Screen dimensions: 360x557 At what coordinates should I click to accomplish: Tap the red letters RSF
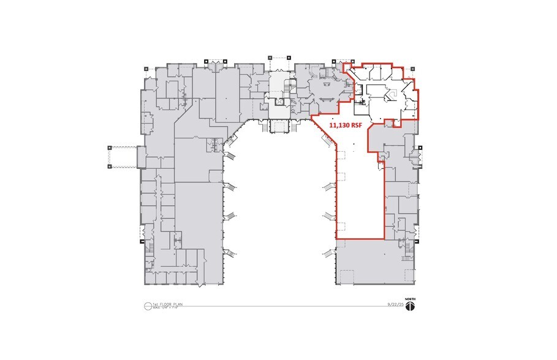pyautogui.click(x=358, y=126)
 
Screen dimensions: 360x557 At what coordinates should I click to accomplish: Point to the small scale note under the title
pyautogui.click(x=164, y=309)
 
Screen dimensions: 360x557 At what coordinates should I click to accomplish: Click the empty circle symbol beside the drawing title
pyautogui.click(x=148, y=306)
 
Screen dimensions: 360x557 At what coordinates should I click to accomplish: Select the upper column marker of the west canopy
pyautogui.click(x=109, y=147)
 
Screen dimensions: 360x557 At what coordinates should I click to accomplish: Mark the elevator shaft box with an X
pyautogui.click(x=278, y=102)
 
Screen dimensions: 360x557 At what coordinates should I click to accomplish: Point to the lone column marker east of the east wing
pyautogui.click(x=422, y=148)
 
